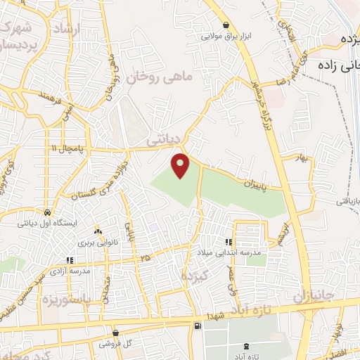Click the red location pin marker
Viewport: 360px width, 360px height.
click(x=181, y=165)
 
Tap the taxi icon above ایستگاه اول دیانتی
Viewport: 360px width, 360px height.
click(x=46, y=212)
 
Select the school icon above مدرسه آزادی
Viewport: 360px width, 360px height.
click(x=68, y=257)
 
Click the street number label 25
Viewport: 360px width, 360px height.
click(x=146, y=259)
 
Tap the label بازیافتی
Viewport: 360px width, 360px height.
click(x=345, y=202)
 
